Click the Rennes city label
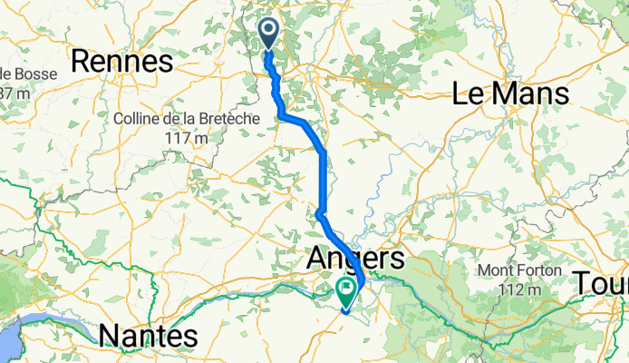[121, 62]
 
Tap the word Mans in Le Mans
[539, 93]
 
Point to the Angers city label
[356, 259]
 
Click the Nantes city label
[147, 337]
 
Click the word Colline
[140, 119]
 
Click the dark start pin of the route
[270, 34]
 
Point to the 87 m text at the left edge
[14, 93]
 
